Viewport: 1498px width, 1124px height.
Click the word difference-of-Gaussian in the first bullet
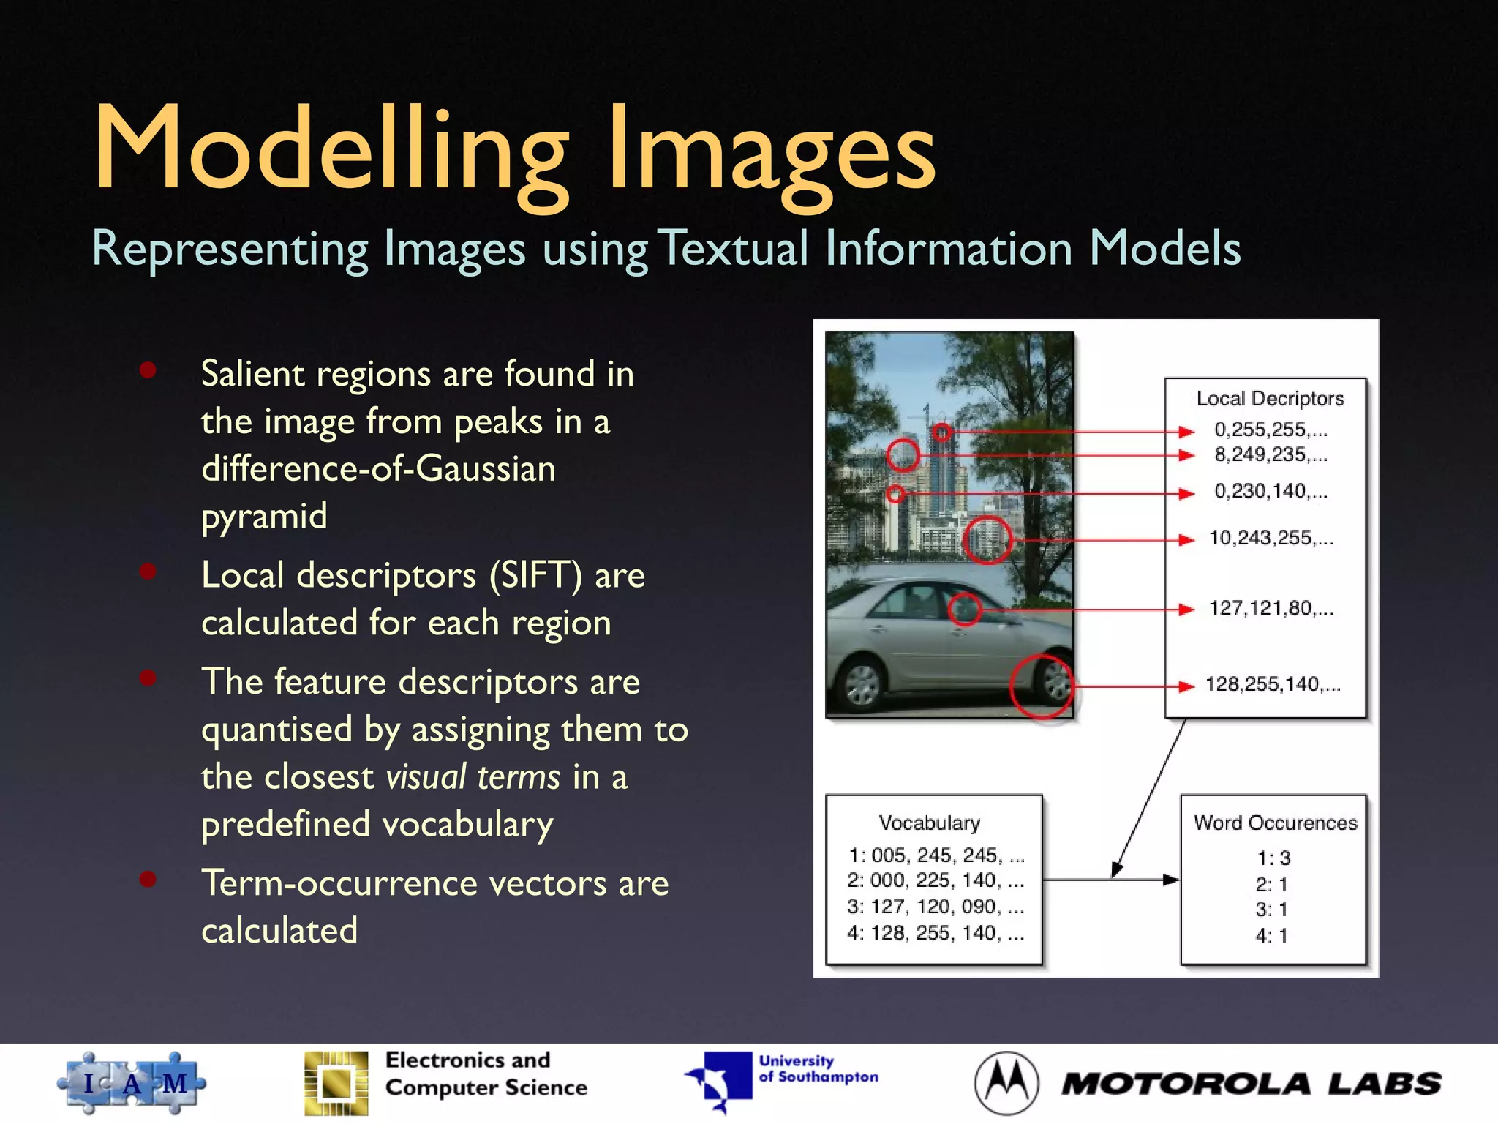(x=378, y=469)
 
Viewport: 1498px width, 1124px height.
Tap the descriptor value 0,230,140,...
(x=1271, y=491)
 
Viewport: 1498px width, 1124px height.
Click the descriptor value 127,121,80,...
(x=1271, y=608)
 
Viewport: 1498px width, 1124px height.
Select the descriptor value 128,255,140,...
(x=1272, y=684)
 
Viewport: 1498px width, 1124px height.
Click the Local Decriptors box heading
(x=1270, y=399)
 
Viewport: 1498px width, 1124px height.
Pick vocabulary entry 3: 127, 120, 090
(x=935, y=907)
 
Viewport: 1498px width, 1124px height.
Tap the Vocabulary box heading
(x=929, y=823)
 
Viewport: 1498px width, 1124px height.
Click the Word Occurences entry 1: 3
(x=1273, y=858)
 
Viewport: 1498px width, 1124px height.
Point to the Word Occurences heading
(x=1275, y=823)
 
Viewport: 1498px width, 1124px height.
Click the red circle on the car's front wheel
(x=1042, y=686)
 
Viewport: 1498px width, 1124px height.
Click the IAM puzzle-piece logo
(x=132, y=1083)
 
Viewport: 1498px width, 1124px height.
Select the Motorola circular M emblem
(x=1006, y=1083)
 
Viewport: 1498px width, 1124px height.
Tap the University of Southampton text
(x=818, y=1069)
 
